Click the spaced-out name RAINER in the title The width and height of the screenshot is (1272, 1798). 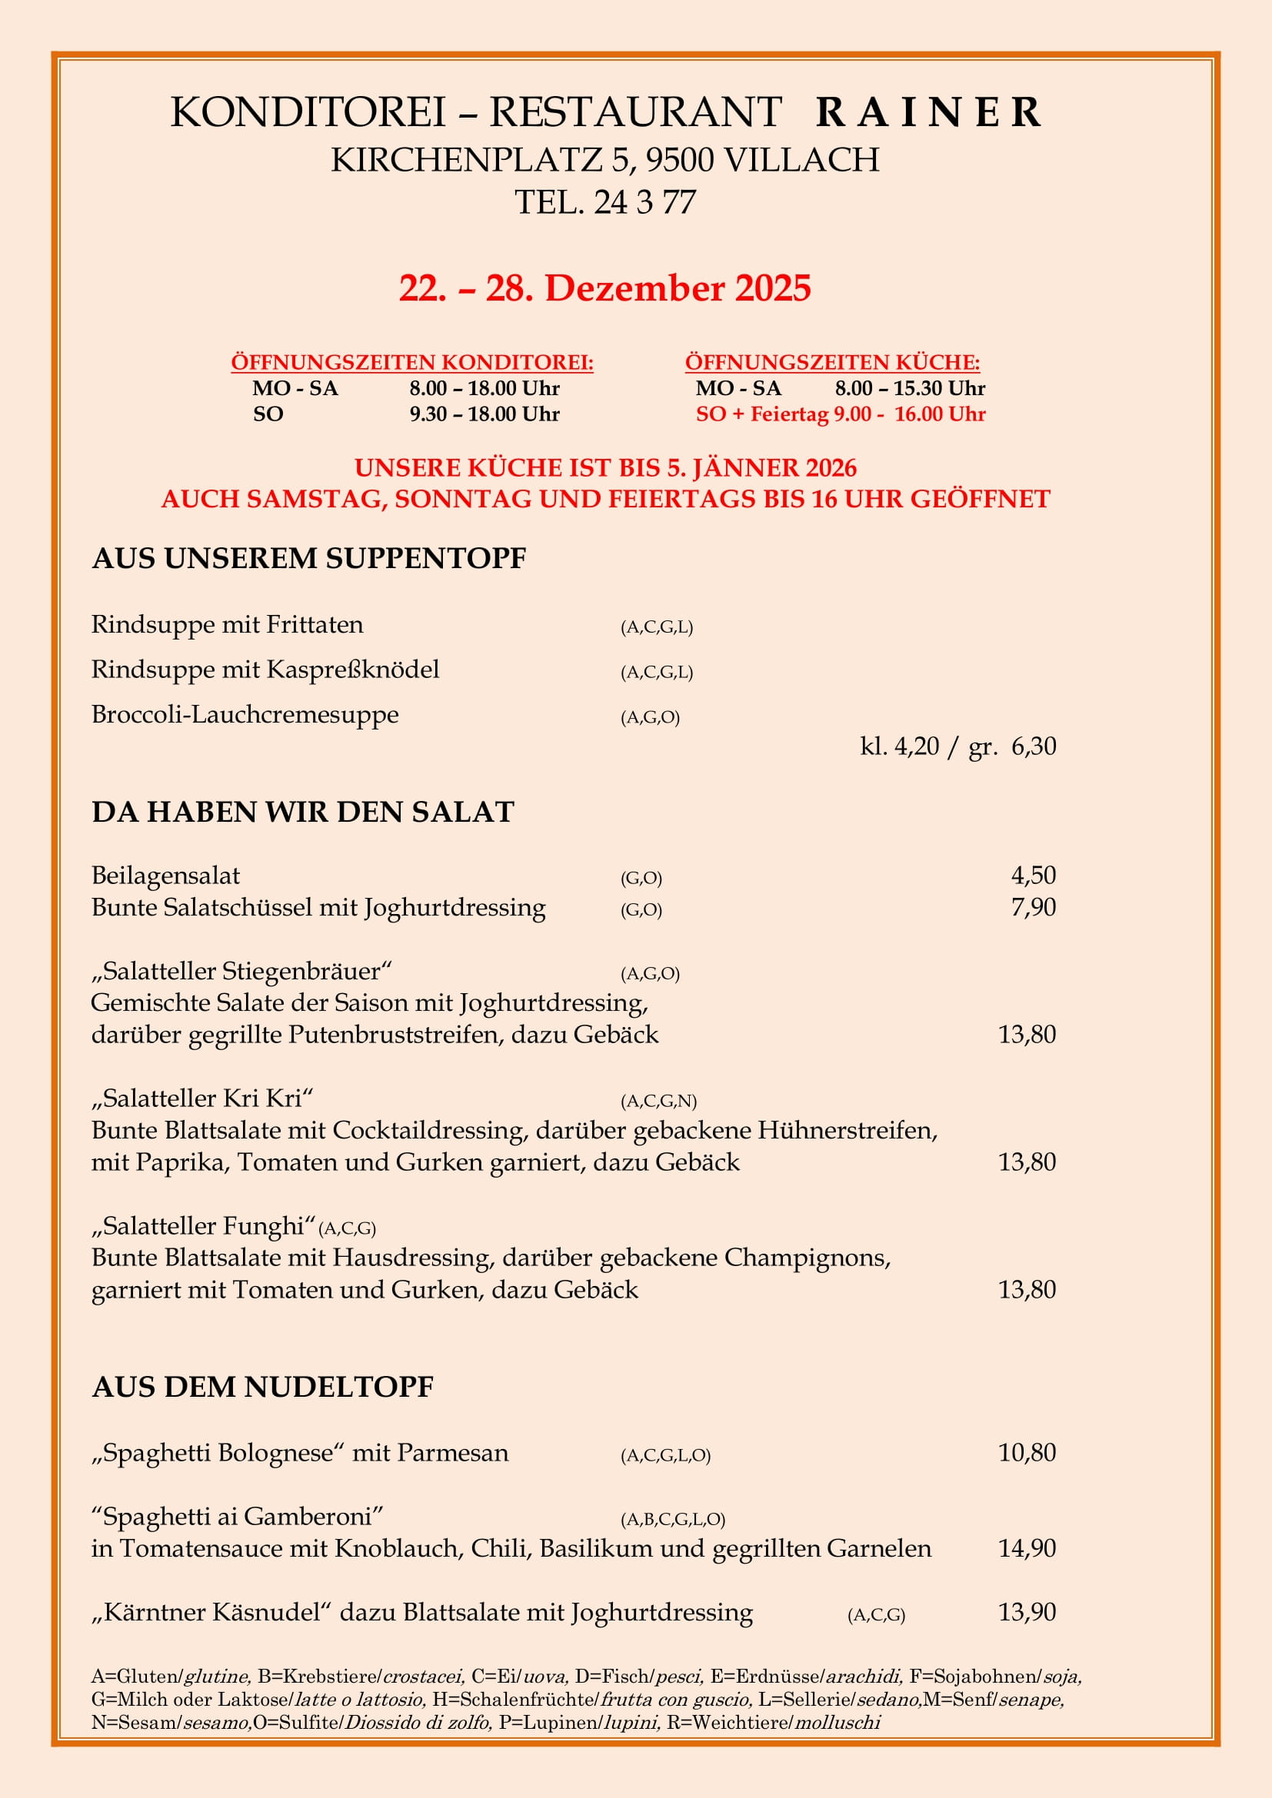[928, 112]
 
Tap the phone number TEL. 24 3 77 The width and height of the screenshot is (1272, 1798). [604, 202]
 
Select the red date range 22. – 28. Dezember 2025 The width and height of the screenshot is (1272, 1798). [604, 288]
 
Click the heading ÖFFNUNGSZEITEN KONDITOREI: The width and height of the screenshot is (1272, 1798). [412, 363]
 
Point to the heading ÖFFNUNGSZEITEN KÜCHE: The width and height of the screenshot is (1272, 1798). [832, 363]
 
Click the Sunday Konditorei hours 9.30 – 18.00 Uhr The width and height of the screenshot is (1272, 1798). [484, 414]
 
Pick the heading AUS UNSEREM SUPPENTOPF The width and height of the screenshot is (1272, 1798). [308, 558]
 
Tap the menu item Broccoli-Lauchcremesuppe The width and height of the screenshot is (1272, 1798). [245, 714]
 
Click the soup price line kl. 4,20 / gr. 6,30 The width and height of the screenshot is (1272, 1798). [957, 746]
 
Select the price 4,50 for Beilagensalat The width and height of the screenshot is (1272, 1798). [1033, 875]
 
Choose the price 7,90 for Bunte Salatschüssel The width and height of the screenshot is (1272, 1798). [1033, 907]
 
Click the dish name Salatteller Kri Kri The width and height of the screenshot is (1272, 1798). [202, 1098]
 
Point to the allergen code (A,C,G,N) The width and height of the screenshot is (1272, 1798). [658, 1101]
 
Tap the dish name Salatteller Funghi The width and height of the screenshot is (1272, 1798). [204, 1225]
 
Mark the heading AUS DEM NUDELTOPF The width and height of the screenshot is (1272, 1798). [262, 1387]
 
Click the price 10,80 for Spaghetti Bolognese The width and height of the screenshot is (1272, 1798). [1026, 1453]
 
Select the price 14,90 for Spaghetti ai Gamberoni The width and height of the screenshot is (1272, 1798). [1026, 1548]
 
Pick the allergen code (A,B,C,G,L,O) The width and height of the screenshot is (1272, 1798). [673, 1519]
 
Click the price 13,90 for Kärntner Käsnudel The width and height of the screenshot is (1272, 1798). [1026, 1613]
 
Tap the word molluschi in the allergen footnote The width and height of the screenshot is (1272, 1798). [837, 1723]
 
